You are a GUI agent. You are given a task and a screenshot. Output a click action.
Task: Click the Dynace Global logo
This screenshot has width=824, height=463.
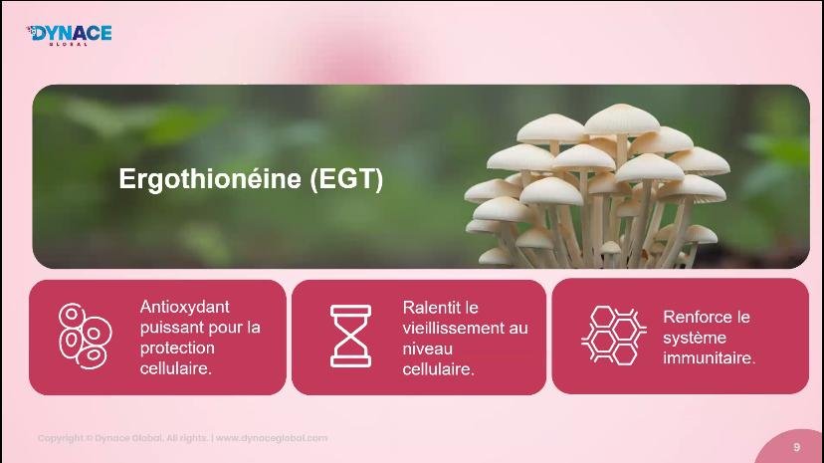pyautogui.click(x=69, y=35)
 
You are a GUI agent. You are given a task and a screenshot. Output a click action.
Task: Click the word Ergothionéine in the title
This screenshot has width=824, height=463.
pyautogui.click(x=210, y=179)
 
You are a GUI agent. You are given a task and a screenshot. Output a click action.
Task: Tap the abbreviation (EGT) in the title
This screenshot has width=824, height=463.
pyautogui.click(x=346, y=179)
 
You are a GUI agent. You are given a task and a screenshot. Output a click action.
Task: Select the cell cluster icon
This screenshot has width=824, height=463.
pyautogui.click(x=86, y=336)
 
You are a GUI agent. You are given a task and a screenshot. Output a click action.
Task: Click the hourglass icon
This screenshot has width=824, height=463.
pyautogui.click(x=350, y=336)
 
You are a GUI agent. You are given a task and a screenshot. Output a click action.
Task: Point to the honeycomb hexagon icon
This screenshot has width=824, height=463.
pyautogui.click(x=614, y=336)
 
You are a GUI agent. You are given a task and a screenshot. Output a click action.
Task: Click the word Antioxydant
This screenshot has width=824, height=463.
pyautogui.click(x=184, y=307)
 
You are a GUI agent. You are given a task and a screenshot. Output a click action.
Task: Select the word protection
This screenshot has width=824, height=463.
pyautogui.click(x=177, y=347)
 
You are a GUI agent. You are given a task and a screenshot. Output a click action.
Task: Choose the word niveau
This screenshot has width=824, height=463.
pyautogui.click(x=427, y=348)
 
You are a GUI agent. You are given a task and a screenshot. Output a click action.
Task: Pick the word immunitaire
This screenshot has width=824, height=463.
pyautogui.click(x=709, y=357)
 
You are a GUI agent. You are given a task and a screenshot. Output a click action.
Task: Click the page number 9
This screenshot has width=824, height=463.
pyautogui.click(x=797, y=447)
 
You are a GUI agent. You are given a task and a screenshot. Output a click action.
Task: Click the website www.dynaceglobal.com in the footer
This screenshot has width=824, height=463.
pyautogui.click(x=272, y=438)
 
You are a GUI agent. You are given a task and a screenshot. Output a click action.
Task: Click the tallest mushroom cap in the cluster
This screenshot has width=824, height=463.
pyautogui.click(x=622, y=118)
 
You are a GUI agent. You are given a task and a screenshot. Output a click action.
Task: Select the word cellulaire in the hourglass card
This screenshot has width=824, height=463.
pyautogui.click(x=438, y=369)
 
